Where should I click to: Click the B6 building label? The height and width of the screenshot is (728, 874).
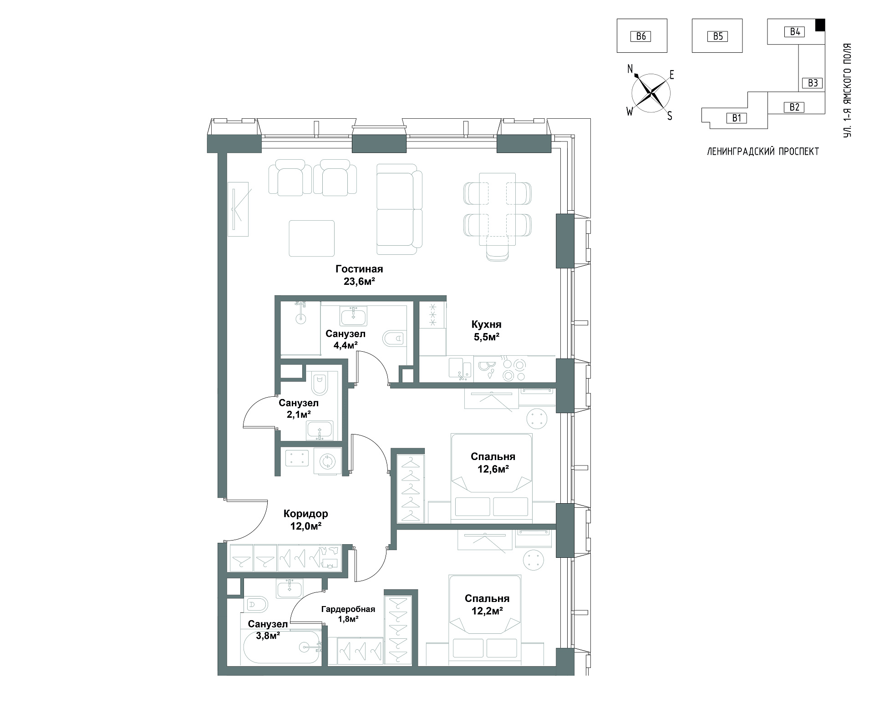(640, 36)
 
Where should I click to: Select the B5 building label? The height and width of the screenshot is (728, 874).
(717, 36)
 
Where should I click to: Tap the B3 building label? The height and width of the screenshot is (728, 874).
(813, 83)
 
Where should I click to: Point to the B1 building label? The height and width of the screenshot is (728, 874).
(737, 118)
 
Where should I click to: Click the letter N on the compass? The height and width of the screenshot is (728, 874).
(630, 69)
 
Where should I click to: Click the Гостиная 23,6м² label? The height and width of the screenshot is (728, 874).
(359, 275)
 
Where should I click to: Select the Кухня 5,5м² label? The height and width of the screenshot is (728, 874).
(486, 331)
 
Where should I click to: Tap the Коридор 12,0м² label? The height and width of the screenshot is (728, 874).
(305, 520)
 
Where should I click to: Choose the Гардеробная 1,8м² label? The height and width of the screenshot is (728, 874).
(348, 614)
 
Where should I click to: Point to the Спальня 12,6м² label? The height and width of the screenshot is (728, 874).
(493, 462)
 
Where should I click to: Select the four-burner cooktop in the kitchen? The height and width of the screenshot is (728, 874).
(513, 369)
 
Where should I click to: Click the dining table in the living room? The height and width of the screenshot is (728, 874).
(497, 209)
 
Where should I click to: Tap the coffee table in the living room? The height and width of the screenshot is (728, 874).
(312, 238)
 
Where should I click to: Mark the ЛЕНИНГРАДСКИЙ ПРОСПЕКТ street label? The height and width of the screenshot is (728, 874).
(763, 152)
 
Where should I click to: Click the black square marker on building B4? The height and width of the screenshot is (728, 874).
(819, 25)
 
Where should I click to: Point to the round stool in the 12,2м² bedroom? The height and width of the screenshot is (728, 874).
(534, 559)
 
